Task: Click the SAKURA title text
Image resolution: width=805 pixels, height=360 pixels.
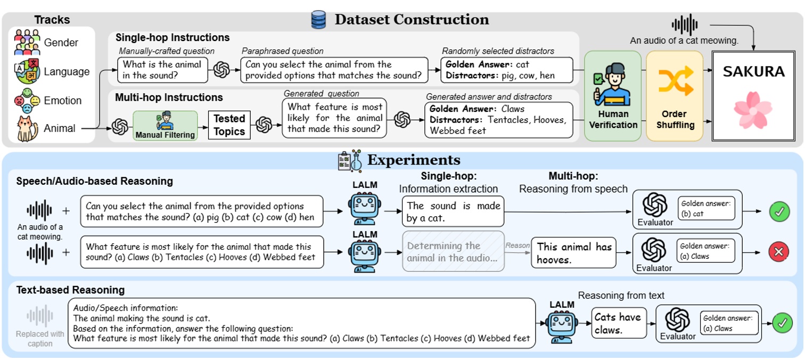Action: pos(753,71)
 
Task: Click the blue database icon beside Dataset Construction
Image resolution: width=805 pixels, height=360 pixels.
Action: pos(318,20)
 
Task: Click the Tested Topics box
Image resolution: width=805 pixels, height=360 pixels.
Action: pos(229,125)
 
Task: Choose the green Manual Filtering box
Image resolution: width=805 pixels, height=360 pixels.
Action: pos(165,126)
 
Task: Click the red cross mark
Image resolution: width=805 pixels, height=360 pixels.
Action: pos(779,252)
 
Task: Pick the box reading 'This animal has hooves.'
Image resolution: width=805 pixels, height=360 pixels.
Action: pos(573,253)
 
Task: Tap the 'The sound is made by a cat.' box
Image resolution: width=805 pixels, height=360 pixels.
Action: pos(453,211)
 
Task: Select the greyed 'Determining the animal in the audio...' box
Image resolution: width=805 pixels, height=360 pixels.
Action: pos(453,252)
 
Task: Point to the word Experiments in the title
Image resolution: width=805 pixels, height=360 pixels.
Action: pos(414,160)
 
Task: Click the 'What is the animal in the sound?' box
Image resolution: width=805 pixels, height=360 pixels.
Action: pos(162,70)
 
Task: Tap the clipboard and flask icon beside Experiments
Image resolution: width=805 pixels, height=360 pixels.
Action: pos(349,160)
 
